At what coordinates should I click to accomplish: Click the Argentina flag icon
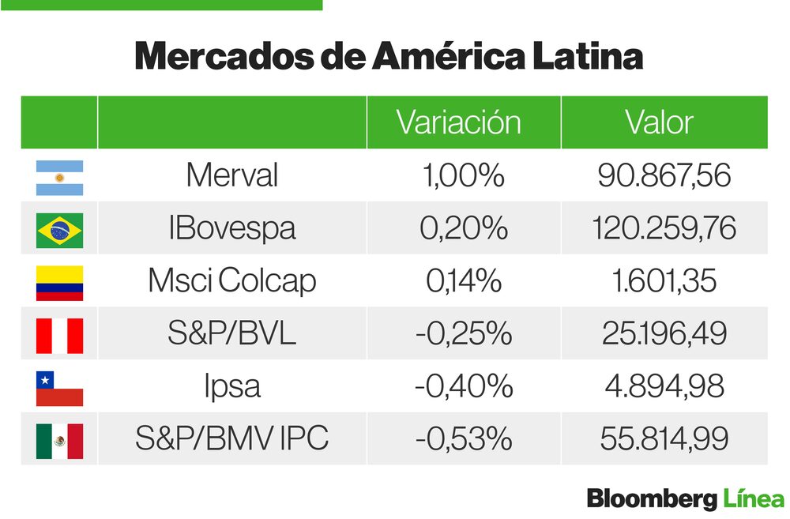[59, 178]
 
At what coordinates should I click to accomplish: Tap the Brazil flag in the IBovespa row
[59, 230]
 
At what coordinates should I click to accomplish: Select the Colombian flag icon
[59, 283]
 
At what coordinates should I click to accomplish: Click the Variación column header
[458, 123]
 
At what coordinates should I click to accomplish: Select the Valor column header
[659, 123]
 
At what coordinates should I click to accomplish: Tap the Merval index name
[231, 176]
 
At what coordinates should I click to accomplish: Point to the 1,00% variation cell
[464, 176]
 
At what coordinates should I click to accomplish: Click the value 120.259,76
[664, 229]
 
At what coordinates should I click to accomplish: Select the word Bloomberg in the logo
[651, 499]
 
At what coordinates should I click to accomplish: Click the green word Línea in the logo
[753, 499]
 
